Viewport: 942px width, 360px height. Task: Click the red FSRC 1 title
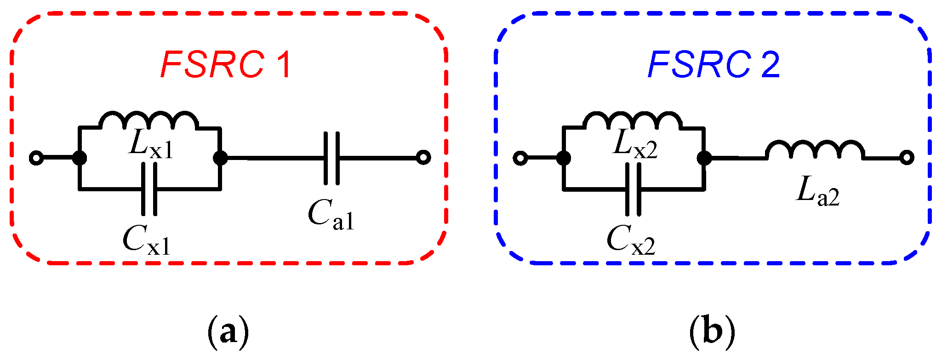(226, 65)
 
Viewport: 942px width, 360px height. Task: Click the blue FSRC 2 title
(714, 65)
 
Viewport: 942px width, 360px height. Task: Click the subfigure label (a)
(228, 332)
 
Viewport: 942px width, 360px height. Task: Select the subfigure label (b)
(712, 332)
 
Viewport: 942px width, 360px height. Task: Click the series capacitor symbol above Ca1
(331, 158)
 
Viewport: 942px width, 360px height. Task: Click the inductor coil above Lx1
(149, 120)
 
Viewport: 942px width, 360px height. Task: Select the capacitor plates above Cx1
(149, 189)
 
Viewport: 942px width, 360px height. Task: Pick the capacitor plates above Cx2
(633, 189)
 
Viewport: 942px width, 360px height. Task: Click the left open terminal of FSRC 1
(36, 158)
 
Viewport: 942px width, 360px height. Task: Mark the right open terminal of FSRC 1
(423, 158)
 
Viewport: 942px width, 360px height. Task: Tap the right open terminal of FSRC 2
(907, 158)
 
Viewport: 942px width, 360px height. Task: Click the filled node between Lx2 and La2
(704, 158)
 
